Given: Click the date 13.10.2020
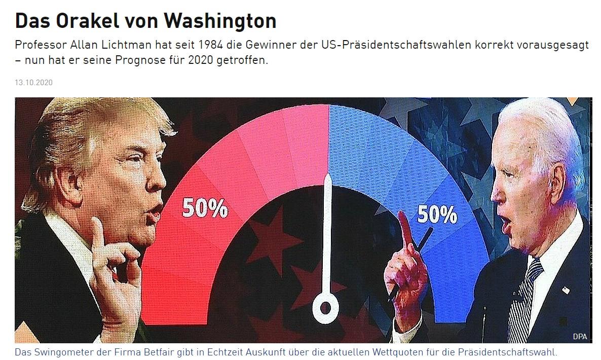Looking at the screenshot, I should click(33, 82).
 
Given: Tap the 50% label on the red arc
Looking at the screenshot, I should click(205, 208).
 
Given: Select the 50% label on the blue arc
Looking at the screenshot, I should click(437, 215).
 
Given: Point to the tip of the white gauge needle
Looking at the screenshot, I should click(328, 177).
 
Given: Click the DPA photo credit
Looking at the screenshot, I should click(580, 337).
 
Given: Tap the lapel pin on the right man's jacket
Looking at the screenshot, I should click(566, 291).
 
